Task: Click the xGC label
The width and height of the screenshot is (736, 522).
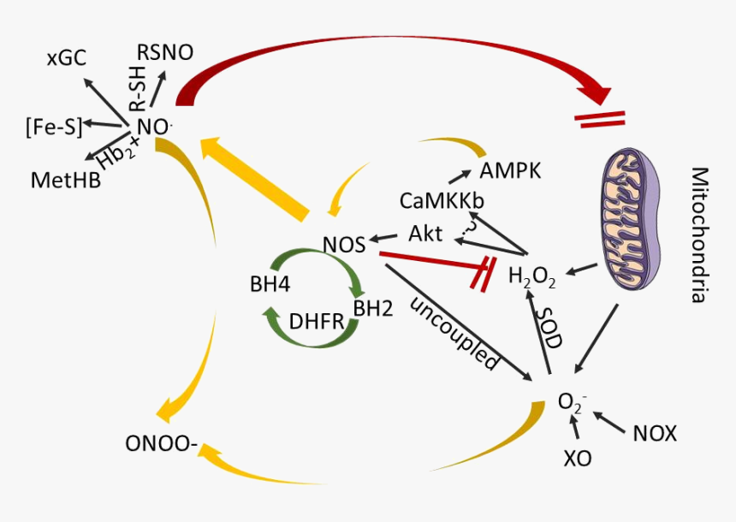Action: (x=66, y=58)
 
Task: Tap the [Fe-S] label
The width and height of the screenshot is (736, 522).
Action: (x=54, y=128)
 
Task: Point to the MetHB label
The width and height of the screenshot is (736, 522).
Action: (x=65, y=181)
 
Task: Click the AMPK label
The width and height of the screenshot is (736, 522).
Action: (x=511, y=169)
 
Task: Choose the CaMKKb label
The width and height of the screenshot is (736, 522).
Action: (x=442, y=201)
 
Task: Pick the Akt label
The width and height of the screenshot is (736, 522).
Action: (x=425, y=234)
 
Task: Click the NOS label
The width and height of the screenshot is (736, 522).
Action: (x=344, y=245)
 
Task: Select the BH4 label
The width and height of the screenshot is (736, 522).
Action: (x=266, y=284)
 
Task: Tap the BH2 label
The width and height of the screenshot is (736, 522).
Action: (x=373, y=308)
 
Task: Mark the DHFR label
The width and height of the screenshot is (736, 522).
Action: (x=315, y=322)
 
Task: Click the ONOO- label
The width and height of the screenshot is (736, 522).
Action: (x=162, y=444)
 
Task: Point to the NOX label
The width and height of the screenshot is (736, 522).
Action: (x=655, y=434)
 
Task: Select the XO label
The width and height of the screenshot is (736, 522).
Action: (x=578, y=458)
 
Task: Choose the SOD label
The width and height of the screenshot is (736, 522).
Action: (x=549, y=326)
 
